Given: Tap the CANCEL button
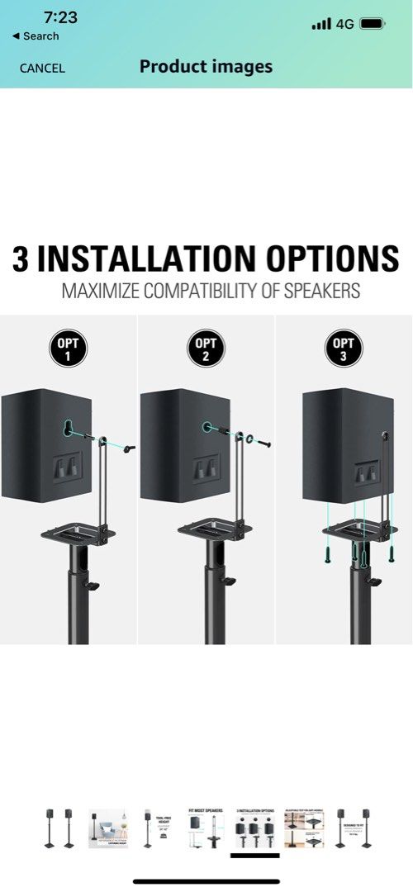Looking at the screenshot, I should pos(42,68).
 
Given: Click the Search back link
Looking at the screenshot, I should pos(36,36).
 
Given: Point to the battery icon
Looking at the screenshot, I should pos(373,24).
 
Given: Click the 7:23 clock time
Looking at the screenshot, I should pos(59,17).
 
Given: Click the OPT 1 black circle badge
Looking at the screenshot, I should pos(69,350).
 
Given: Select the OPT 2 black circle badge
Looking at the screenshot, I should pos(206,350).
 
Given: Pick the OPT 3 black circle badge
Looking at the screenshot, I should pos(344,350).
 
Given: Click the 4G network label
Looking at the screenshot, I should pos(344,24).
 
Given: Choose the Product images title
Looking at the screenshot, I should pos(206,67).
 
